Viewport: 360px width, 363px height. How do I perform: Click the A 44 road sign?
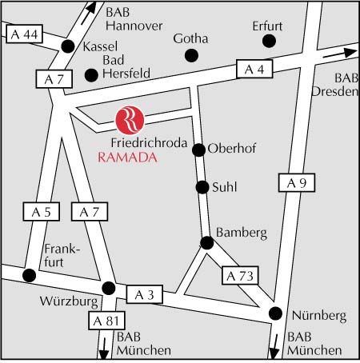24,34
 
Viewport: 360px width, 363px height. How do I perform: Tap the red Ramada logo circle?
130,120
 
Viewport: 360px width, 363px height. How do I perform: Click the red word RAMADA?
127,158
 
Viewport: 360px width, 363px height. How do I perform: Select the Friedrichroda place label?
149,143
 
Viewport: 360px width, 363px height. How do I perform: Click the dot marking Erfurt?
269,41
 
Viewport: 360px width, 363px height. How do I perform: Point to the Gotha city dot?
191,55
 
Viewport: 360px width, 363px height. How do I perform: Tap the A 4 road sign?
254,69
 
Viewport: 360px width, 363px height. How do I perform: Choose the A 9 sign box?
297,182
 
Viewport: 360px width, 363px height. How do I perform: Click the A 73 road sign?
240,275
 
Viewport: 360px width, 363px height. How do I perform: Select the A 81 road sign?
106,321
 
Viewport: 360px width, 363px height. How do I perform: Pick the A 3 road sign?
145,294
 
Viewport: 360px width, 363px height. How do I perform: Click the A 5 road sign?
42,212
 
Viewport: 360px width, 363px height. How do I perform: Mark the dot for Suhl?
202,187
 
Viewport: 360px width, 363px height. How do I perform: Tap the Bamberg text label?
242,233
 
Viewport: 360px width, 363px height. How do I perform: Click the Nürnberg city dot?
275,313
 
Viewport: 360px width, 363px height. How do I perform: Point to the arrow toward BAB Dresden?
339,54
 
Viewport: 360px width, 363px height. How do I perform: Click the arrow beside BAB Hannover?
89,13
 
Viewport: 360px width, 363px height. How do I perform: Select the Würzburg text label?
69,301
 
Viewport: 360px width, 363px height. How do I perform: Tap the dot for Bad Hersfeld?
91,75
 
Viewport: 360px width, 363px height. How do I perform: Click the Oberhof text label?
232,148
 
